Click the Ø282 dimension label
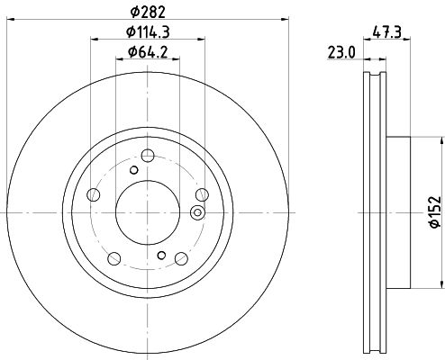pyautogui.click(x=148, y=12)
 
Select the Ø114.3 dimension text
pyautogui.click(x=148, y=31)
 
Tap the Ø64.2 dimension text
pyautogui.click(x=148, y=52)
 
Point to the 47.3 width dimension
pyautogui.click(x=386, y=31)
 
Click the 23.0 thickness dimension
pyautogui.click(x=341, y=52)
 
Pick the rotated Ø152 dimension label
pyautogui.click(x=435, y=211)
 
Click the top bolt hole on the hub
pyautogui.click(x=148, y=156)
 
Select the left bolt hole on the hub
pyautogui.click(x=93, y=195)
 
